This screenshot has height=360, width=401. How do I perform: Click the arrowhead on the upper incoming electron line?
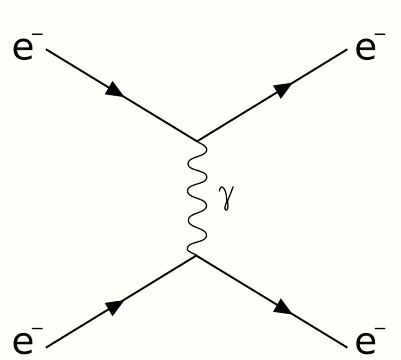114,90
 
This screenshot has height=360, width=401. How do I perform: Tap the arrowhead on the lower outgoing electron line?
283,308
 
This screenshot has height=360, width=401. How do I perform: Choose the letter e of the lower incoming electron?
23,342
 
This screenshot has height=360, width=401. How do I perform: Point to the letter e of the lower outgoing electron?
365,342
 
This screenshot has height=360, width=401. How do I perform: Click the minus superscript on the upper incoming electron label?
40,35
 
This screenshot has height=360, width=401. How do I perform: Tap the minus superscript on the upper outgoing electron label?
381,35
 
